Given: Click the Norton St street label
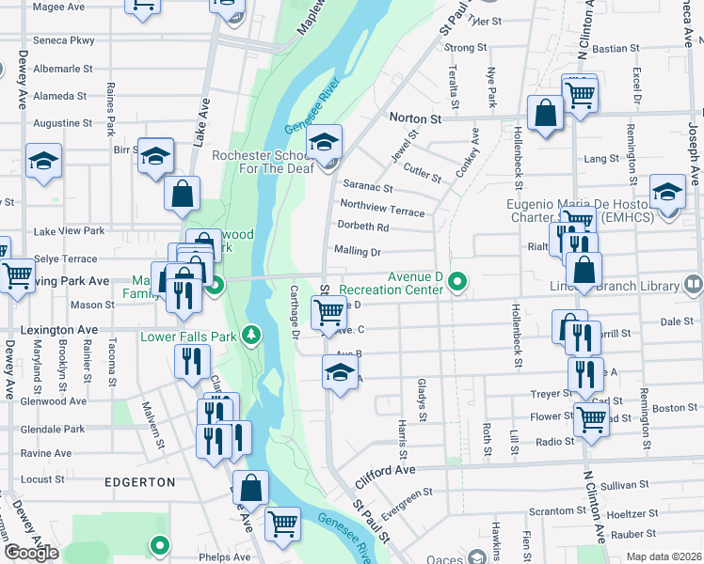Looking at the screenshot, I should point(415,119).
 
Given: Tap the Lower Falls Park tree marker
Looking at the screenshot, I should point(250,335).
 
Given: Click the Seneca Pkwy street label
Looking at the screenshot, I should point(64,40).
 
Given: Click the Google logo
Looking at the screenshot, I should point(31,552).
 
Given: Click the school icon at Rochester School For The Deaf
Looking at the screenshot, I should point(325,143).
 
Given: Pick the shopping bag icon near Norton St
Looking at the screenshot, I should point(545,114).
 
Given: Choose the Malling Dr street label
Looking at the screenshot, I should point(357,252).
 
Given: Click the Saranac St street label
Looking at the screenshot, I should point(367,188).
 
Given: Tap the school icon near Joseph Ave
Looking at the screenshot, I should point(667,194).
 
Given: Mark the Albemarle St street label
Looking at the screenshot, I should point(63,69).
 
